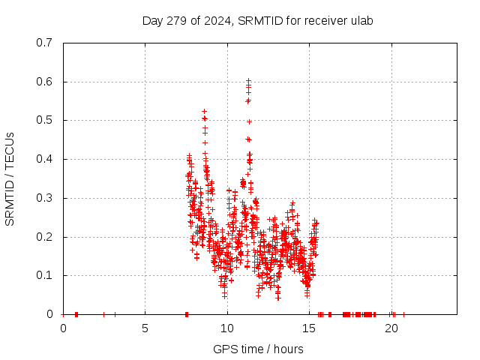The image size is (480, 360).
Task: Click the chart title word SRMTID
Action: click(x=258, y=21)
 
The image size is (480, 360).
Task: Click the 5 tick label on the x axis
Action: click(x=145, y=328)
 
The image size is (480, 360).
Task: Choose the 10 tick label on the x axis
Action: click(x=227, y=328)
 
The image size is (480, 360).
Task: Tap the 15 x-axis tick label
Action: click(x=309, y=328)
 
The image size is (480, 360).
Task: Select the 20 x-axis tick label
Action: click(x=391, y=328)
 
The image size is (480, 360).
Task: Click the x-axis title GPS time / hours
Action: click(x=259, y=349)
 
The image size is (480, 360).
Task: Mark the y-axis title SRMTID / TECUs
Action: click(x=10, y=178)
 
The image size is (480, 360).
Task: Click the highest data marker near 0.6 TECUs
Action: click(x=248, y=80)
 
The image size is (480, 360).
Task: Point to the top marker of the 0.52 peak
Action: click(x=204, y=112)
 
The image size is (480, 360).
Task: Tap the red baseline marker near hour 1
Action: click(x=76, y=314)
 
